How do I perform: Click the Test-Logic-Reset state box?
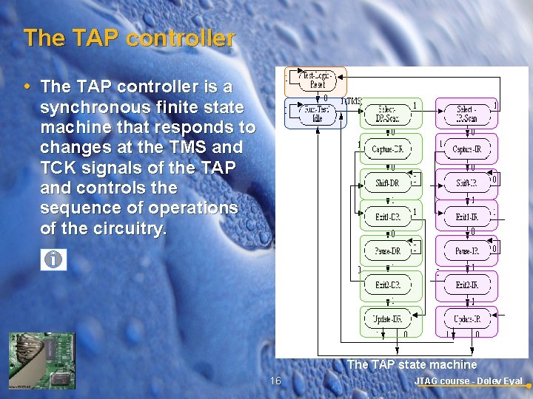(x=316, y=79)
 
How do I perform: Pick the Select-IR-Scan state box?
(x=466, y=115)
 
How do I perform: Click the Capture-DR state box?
(x=386, y=149)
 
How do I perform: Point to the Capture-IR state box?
(x=466, y=149)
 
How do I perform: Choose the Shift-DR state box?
(x=386, y=183)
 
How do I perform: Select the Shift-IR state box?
(x=466, y=183)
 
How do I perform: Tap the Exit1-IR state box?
(x=466, y=217)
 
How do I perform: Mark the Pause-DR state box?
(x=386, y=251)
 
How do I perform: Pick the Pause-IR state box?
(x=466, y=251)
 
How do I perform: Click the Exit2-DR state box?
(x=386, y=285)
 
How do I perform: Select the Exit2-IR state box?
(x=466, y=285)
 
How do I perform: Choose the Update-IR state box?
(x=466, y=319)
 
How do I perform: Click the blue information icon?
(x=53, y=259)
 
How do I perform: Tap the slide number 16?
(x=275, y=381)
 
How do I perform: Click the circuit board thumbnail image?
(x=41, y=361)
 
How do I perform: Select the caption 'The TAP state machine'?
(x=412, y=364)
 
